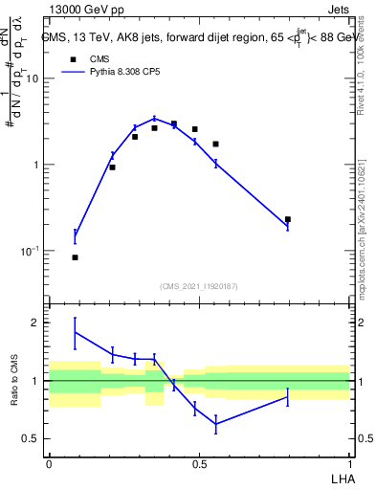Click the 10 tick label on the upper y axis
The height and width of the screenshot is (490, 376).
32,78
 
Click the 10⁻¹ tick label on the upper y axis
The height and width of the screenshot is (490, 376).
29,251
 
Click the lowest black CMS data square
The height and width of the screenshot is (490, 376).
76,257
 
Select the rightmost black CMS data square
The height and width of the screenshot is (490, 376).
287,219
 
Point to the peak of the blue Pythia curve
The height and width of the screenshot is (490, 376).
154,119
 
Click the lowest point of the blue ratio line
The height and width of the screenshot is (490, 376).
216,424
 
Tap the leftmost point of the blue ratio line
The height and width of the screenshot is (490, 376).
76,332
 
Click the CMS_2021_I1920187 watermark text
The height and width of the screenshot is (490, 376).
198,286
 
